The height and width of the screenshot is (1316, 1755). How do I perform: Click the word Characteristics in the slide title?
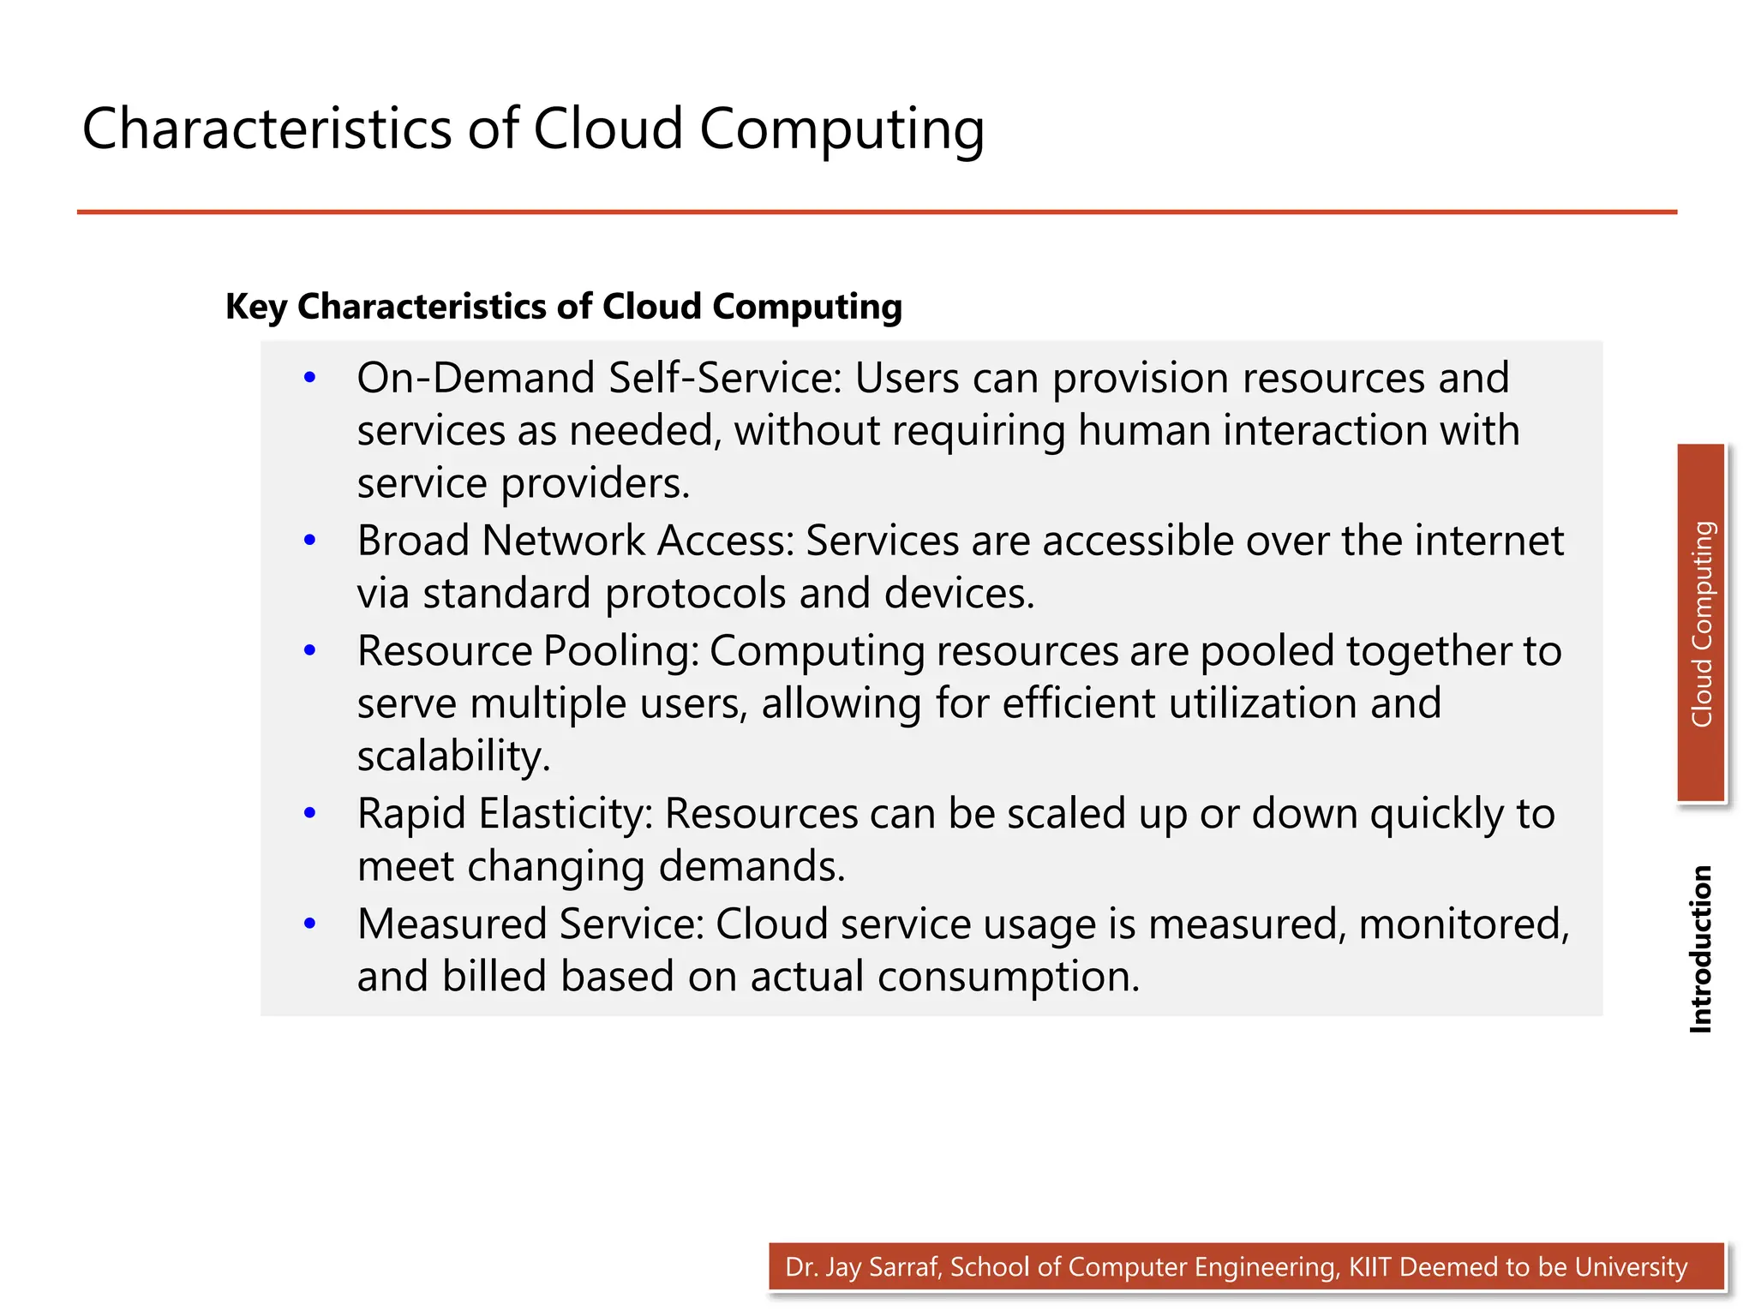[x=267, y=129]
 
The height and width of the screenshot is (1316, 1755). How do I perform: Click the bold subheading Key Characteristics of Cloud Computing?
[x=563, y=307]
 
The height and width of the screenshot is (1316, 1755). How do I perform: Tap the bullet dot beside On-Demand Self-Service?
[x=310, y=377]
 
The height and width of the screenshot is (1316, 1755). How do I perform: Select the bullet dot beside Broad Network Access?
[x=310, y=540]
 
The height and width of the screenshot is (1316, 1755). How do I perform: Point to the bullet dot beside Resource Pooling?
[x=310, y=650]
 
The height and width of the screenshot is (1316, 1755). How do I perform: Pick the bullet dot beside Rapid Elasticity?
[x=310, y=812]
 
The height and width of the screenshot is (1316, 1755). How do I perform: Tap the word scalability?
[x=452, y=757]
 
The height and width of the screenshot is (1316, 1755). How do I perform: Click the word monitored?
[x=1463, y=924]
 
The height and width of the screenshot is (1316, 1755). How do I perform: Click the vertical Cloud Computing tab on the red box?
[x=1701, y=624]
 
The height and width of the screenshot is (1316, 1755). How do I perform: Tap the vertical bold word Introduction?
[x=1700, y=948]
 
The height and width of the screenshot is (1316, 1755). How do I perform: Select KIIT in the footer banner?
[x=1370, y=1267]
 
